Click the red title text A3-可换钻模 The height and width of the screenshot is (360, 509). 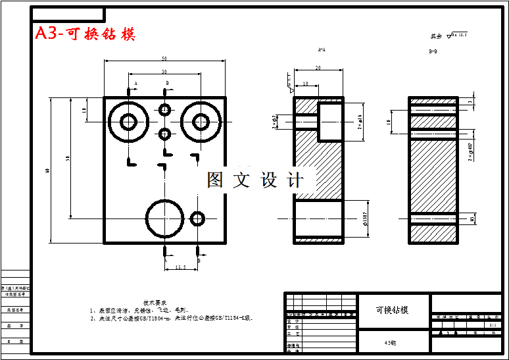(85, 34)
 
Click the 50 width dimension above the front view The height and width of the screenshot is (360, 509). (164, 59)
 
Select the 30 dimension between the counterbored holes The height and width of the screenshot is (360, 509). (164, 71)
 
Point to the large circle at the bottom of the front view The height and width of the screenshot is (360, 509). (164, 218)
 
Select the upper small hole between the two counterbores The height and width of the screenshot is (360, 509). (164, 109)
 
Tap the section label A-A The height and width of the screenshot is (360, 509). (322, 49)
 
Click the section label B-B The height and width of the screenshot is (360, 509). (433, 51)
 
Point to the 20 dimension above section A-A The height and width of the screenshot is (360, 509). (318, 67)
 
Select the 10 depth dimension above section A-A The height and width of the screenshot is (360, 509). (306, 84)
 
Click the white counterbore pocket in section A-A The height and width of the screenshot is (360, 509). (330, 121)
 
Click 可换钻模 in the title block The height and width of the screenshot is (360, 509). (392, 309)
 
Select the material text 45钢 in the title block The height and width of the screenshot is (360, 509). (392, 342)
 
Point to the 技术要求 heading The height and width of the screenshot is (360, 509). (164, 302)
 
